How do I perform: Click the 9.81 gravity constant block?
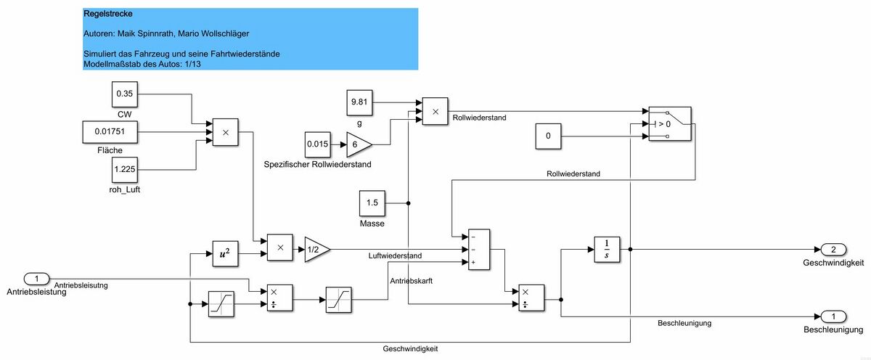(361, 103)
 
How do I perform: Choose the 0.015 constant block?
(318, 144)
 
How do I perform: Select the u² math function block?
(225, 253)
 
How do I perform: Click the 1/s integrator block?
(607, 249)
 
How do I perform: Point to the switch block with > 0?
(670, 123)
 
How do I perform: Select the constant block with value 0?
(549, 136)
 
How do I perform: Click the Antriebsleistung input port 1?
(37, 279)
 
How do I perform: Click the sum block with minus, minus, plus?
(479, 250)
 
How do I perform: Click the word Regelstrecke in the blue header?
(107, 14)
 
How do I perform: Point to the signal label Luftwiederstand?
(395, 256)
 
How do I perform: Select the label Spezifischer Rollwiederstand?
(317, 165)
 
